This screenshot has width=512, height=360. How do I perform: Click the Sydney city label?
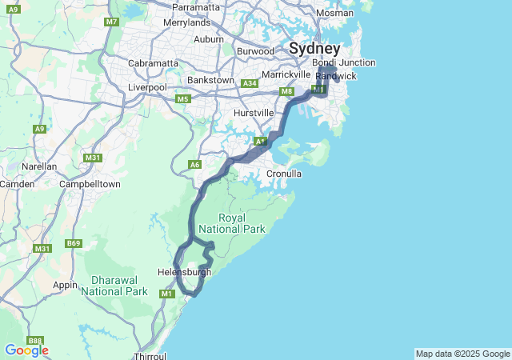point(314,48)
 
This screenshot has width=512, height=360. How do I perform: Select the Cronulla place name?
point(284,173)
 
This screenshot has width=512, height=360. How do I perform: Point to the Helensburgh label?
point(185,271)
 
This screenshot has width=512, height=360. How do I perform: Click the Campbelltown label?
point(90,184)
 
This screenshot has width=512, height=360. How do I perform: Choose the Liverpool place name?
point(147,86)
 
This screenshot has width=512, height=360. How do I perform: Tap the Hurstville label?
point(254,113)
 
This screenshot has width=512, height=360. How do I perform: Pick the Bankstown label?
point(210,80)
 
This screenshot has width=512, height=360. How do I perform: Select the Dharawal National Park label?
point(119,286)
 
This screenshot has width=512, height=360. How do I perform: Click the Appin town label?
point(65,284)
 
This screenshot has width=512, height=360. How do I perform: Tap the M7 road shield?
point(111,22)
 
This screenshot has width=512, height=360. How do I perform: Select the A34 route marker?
point(250,83)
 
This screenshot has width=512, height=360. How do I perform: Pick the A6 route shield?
point(194,164)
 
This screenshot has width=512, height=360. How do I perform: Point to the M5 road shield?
point(183,99)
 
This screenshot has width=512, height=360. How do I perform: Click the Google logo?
point(26,350)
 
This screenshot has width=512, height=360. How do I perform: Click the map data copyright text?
point(462,354)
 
